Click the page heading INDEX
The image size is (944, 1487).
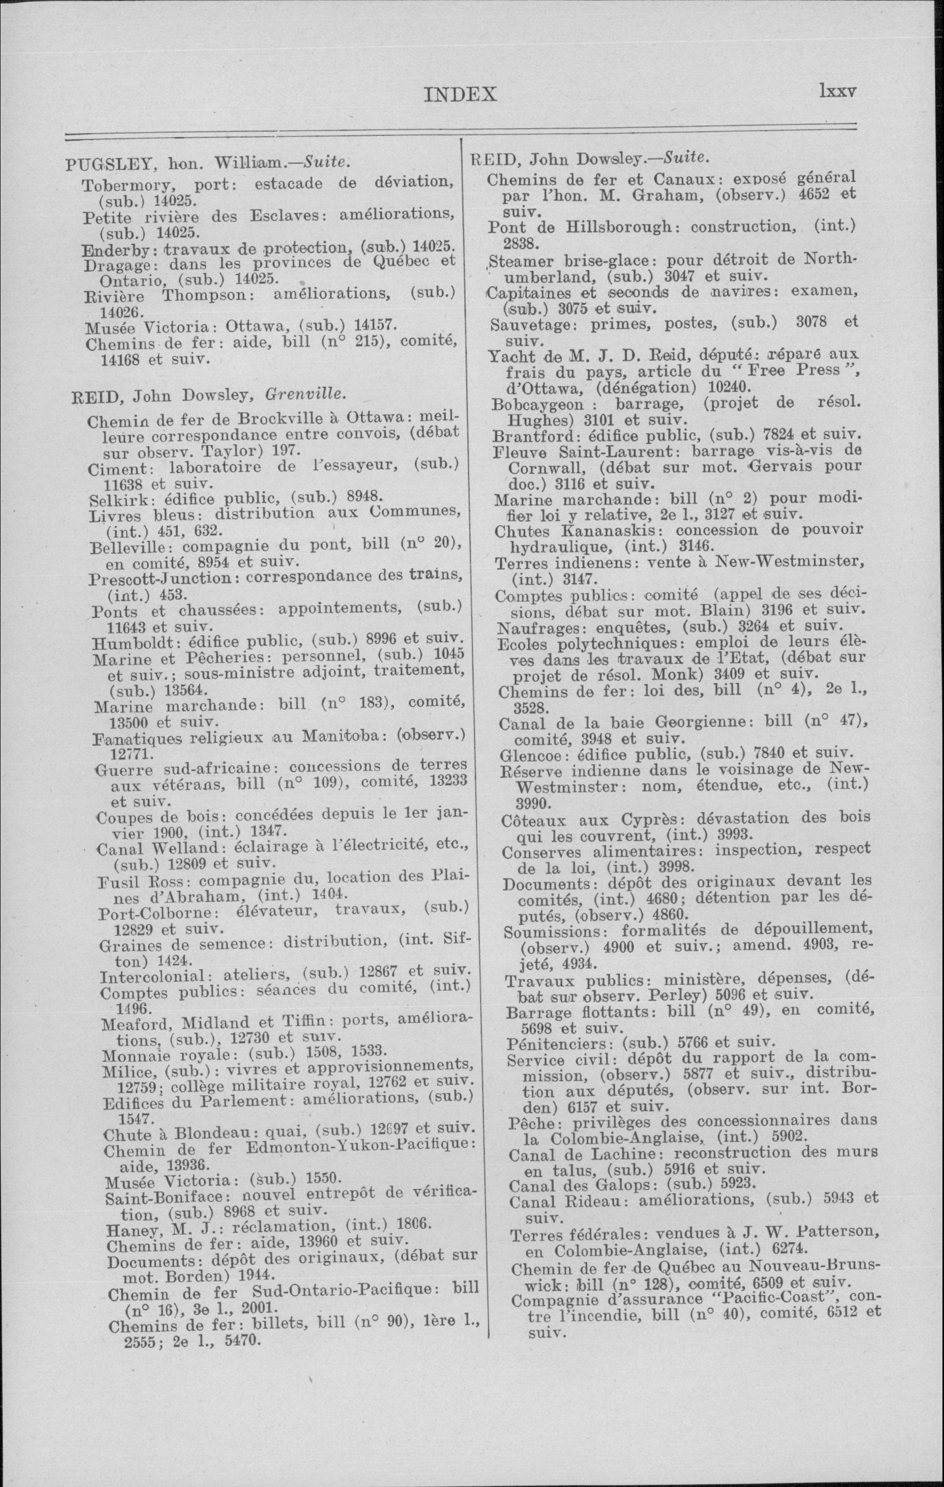point(460,94)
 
